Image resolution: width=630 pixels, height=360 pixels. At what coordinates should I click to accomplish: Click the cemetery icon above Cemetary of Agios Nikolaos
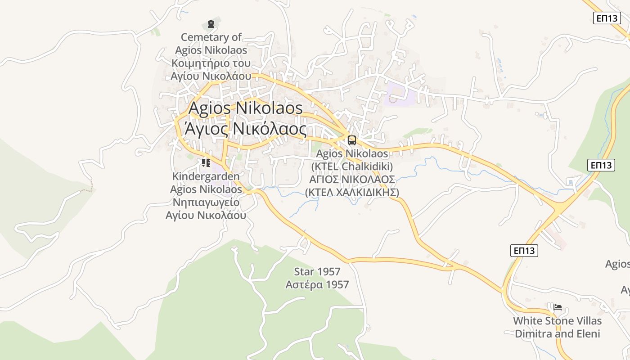coord(211,24)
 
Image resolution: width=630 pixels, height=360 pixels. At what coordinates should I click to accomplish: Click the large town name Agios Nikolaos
coord(245,108)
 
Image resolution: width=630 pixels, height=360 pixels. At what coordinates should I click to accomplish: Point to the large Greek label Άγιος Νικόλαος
coord(245,129)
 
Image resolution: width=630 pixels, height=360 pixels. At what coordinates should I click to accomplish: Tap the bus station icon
coord(351,140)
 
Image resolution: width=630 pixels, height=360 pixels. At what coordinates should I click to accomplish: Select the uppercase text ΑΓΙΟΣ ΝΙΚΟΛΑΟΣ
coord(352,180)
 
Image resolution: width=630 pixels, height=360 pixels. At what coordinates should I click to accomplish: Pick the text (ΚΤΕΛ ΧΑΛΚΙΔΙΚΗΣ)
coord(352,193)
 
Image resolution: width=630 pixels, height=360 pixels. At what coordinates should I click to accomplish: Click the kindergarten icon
coord(206,163)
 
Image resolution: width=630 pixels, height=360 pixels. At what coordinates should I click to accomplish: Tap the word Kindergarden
coord(206,176)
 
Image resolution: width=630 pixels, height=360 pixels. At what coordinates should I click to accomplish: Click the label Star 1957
coord(317,272)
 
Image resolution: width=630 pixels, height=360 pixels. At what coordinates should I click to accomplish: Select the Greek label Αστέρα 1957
coord(317,285)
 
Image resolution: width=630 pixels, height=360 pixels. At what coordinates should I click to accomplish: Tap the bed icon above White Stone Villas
coord(558,307)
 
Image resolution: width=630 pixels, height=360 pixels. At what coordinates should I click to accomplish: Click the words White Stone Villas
coord(558,321)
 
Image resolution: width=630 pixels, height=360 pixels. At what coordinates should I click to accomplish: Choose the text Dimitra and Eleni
coord(558,334)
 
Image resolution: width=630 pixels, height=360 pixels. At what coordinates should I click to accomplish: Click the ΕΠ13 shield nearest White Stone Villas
coord(524,251)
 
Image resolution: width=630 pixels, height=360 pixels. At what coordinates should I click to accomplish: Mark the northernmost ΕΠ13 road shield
coord(607,18)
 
